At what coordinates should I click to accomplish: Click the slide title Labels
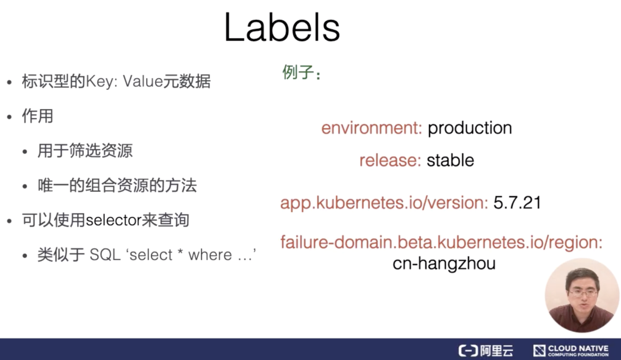coord(282,27)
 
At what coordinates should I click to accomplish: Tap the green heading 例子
coord(298,72)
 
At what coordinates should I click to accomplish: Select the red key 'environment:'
coord(371,128)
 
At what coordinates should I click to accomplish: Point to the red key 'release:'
coord(390,161)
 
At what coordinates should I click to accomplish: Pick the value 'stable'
coord(450,160)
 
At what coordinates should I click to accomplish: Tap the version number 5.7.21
coord(517,202)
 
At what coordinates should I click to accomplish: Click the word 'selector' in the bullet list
coord(113,220)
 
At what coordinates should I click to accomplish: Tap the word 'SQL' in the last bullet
coord(105,254)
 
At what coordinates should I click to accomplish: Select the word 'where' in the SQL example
coord(210,254)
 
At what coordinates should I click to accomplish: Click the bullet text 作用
coord(38,116)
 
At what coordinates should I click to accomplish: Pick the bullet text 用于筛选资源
coord(85,151)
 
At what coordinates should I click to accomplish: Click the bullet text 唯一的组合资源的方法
coord(117,185)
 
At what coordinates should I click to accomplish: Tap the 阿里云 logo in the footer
coord(486,350)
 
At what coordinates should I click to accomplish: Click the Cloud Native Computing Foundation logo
coord(571,350)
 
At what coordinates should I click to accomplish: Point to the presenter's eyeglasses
coord(583,293)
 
